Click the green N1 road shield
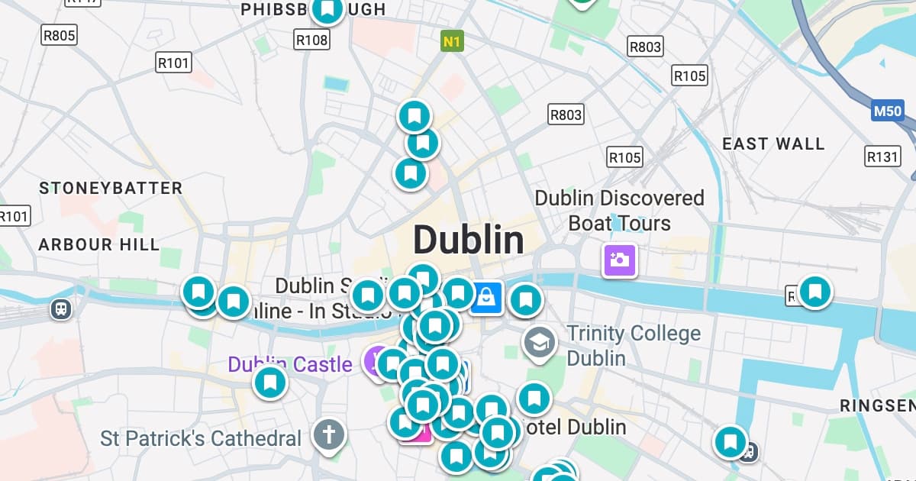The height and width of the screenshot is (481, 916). pos(452,41)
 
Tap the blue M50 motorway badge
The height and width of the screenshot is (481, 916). pos(888,111)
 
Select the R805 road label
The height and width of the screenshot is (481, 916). pos(59,34)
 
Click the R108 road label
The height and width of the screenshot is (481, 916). pos(312,40)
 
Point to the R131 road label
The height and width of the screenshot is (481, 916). pos(882,157)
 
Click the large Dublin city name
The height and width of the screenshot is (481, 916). pos(468,240)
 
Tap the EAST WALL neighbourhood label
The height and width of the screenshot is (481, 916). pos(773,144)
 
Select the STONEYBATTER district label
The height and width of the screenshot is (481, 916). pos(111,188)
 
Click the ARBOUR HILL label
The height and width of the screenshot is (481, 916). pos(99,245)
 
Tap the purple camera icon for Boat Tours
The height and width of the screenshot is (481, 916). pos(619,260)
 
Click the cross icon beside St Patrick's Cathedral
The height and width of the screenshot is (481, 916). pos(329,435)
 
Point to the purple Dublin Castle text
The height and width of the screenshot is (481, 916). pos(290,364)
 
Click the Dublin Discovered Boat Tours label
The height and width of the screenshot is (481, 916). pos(618,210)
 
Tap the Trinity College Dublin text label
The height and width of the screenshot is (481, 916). pos(633,345)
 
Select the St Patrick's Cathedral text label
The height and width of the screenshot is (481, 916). pos(201,439)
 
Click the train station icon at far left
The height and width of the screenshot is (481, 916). pos(61,308)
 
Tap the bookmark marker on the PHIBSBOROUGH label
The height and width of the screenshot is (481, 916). pos(327,10)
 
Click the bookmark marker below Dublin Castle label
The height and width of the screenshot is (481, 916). pos(269,383)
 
